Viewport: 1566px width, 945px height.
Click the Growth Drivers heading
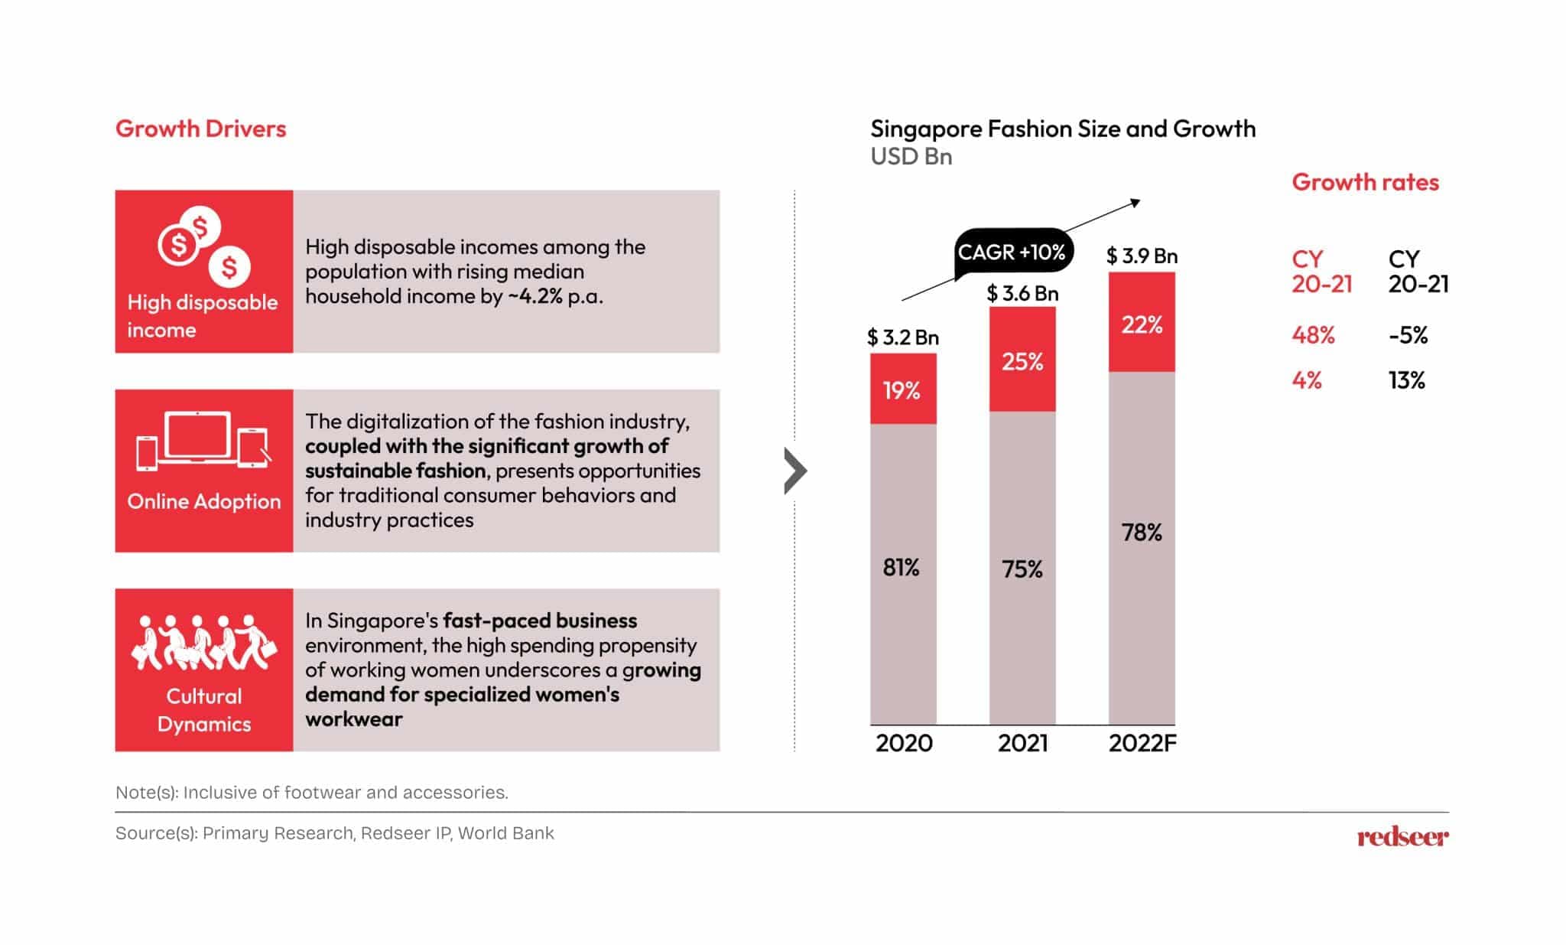(x=200, y=129)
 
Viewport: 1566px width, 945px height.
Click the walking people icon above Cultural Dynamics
(x=203, y=643)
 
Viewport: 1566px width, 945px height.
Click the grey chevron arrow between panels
(x=795, y=471)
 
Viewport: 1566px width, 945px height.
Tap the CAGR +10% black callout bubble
(x=1011, y=252)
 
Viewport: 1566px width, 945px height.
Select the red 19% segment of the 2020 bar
(x=902, y=390)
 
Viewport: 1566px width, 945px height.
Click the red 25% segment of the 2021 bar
(x=1022, y=360)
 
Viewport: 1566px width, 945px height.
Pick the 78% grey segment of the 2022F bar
(x=1142, y=533)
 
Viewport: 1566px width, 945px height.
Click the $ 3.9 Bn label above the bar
(x=1142, y=256)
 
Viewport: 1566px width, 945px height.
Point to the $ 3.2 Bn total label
(x=902, y=337)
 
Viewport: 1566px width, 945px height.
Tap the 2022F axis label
(x=1142, y=743)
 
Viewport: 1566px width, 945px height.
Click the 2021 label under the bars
(x=1022, y=743)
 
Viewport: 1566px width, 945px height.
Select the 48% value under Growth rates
(x=1313, y=335)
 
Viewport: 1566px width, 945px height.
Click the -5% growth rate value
(x=1408, y=335)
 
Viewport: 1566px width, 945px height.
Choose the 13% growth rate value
(x=1406, y=380)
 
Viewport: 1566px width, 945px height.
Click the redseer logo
(x=1402, y=836)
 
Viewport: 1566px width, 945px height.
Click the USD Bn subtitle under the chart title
(x=911, y=157)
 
